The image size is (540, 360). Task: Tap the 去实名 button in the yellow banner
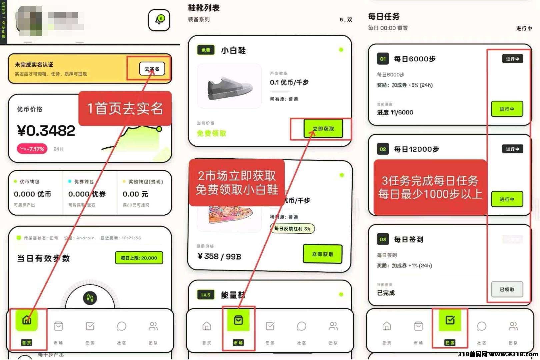point(152,69)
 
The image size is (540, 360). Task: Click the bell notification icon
point(159,20)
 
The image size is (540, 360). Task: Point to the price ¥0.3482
point(46,131)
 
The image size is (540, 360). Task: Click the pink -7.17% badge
point(32,149)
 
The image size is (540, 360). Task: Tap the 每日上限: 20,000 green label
point(139,258)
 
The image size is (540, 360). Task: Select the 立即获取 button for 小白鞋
point(323,129)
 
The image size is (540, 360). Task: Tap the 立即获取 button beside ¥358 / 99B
point(322,254)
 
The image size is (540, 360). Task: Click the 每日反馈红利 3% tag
point(292,229)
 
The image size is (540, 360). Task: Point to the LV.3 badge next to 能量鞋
point(206,295)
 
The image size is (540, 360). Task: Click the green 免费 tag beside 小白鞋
point(206,50)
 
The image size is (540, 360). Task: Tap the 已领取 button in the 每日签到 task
point(507,289)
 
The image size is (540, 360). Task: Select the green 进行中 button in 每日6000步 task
point(507,109)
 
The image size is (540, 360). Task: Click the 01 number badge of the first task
point(383,59)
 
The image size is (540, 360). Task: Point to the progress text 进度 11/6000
point(395,113)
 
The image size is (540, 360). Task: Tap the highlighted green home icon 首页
point(27,320)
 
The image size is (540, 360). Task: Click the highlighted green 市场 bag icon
point(238,320)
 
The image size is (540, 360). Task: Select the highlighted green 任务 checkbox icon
point(450,320)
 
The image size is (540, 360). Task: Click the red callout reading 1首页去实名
point(125,109)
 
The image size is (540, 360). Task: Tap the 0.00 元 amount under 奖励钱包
point(135,194)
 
